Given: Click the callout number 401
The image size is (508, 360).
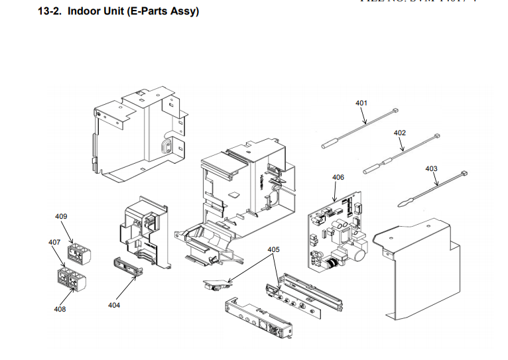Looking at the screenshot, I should tap(361, 103).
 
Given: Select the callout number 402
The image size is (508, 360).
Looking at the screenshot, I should tap(399, 133).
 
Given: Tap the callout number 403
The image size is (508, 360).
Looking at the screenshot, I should tap(431, 168).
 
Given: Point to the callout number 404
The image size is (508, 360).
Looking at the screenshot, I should tap(114, 305).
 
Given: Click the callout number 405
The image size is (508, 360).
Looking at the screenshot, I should tap(273, 249).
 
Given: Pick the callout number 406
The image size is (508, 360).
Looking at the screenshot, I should tap(338, 177).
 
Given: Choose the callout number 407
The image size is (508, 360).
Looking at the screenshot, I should tap(54, 242).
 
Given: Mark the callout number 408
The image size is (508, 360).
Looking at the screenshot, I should tap(60, 309).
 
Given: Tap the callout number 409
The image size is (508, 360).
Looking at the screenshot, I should tap(61, 216).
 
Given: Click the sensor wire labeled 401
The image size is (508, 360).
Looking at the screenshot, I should tap(358, 130).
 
